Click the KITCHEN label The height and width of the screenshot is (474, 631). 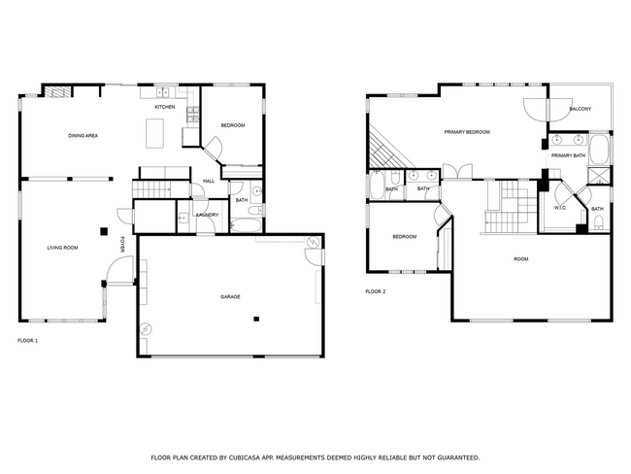coord(165,107)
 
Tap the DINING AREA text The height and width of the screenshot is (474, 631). coord(83,135)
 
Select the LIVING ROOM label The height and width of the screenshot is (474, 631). coord(62,248)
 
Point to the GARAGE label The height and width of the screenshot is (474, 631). coord(230,296)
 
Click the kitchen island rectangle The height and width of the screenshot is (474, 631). coord(155,132)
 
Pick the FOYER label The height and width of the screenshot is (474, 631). coord(122,245)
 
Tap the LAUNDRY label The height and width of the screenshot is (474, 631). coord(207,215)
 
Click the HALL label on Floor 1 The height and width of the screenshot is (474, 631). coord(209,181)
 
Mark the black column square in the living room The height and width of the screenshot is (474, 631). coord(104,231)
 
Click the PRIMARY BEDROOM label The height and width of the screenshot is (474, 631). coord(466,131)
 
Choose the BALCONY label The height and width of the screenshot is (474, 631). coord(580,109)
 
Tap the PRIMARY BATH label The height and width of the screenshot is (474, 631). coord(568,155)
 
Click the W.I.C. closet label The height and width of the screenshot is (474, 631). coord(560,208)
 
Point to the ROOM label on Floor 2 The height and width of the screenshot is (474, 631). coord(521,258)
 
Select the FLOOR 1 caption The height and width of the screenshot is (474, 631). coord(28,341)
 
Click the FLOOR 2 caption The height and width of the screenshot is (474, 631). coord(375,291)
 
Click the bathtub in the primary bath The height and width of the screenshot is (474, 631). coord(601,151)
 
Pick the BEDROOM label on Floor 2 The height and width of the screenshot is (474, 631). coord(405,237)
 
